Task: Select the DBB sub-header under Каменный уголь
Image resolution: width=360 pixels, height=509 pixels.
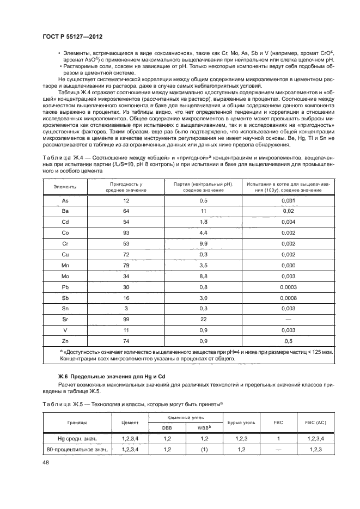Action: pyautogui.click(x=166, y=427)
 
